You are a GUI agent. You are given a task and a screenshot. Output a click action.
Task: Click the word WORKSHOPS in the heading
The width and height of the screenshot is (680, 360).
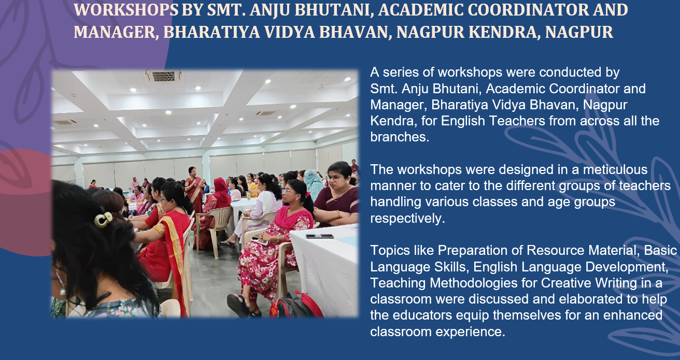(126, 10)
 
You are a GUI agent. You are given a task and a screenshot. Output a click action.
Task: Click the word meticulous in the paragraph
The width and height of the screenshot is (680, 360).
(615, 169)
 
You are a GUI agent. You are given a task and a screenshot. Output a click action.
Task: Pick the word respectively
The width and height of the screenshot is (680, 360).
(408, 218)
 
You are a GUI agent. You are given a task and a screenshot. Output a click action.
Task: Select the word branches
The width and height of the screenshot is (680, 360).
(400, 137)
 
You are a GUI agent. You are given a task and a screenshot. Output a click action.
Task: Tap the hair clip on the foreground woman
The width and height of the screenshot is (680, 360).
(103, 220)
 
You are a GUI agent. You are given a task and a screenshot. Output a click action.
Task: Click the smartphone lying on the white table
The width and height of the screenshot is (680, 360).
(320, 236)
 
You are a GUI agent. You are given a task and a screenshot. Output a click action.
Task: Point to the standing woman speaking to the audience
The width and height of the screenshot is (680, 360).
(194, 190)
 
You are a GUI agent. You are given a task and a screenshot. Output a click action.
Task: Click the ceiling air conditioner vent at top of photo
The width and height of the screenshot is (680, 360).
(164, 76)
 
